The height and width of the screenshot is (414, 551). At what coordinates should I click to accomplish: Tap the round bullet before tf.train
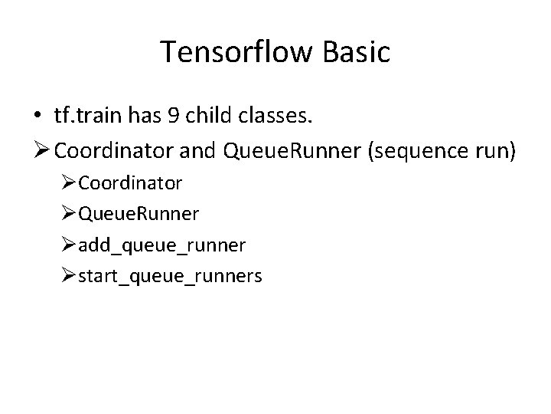coord(38,116)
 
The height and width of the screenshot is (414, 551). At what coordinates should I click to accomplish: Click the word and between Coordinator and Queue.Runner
coord(197,151)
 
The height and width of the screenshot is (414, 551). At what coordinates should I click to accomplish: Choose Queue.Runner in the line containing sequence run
coord(293,151)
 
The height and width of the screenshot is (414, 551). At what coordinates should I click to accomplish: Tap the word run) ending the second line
coord(496,151)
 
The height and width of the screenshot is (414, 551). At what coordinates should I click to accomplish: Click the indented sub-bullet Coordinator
coord(130,182)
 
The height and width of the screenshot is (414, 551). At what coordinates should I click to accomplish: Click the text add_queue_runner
coord(161,245)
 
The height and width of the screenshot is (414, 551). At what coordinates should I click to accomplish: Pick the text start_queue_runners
coord(170,275)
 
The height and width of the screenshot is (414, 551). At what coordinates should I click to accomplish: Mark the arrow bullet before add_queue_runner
coord(69,245)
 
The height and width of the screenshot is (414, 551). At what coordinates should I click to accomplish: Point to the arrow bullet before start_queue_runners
coord(69,275)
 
